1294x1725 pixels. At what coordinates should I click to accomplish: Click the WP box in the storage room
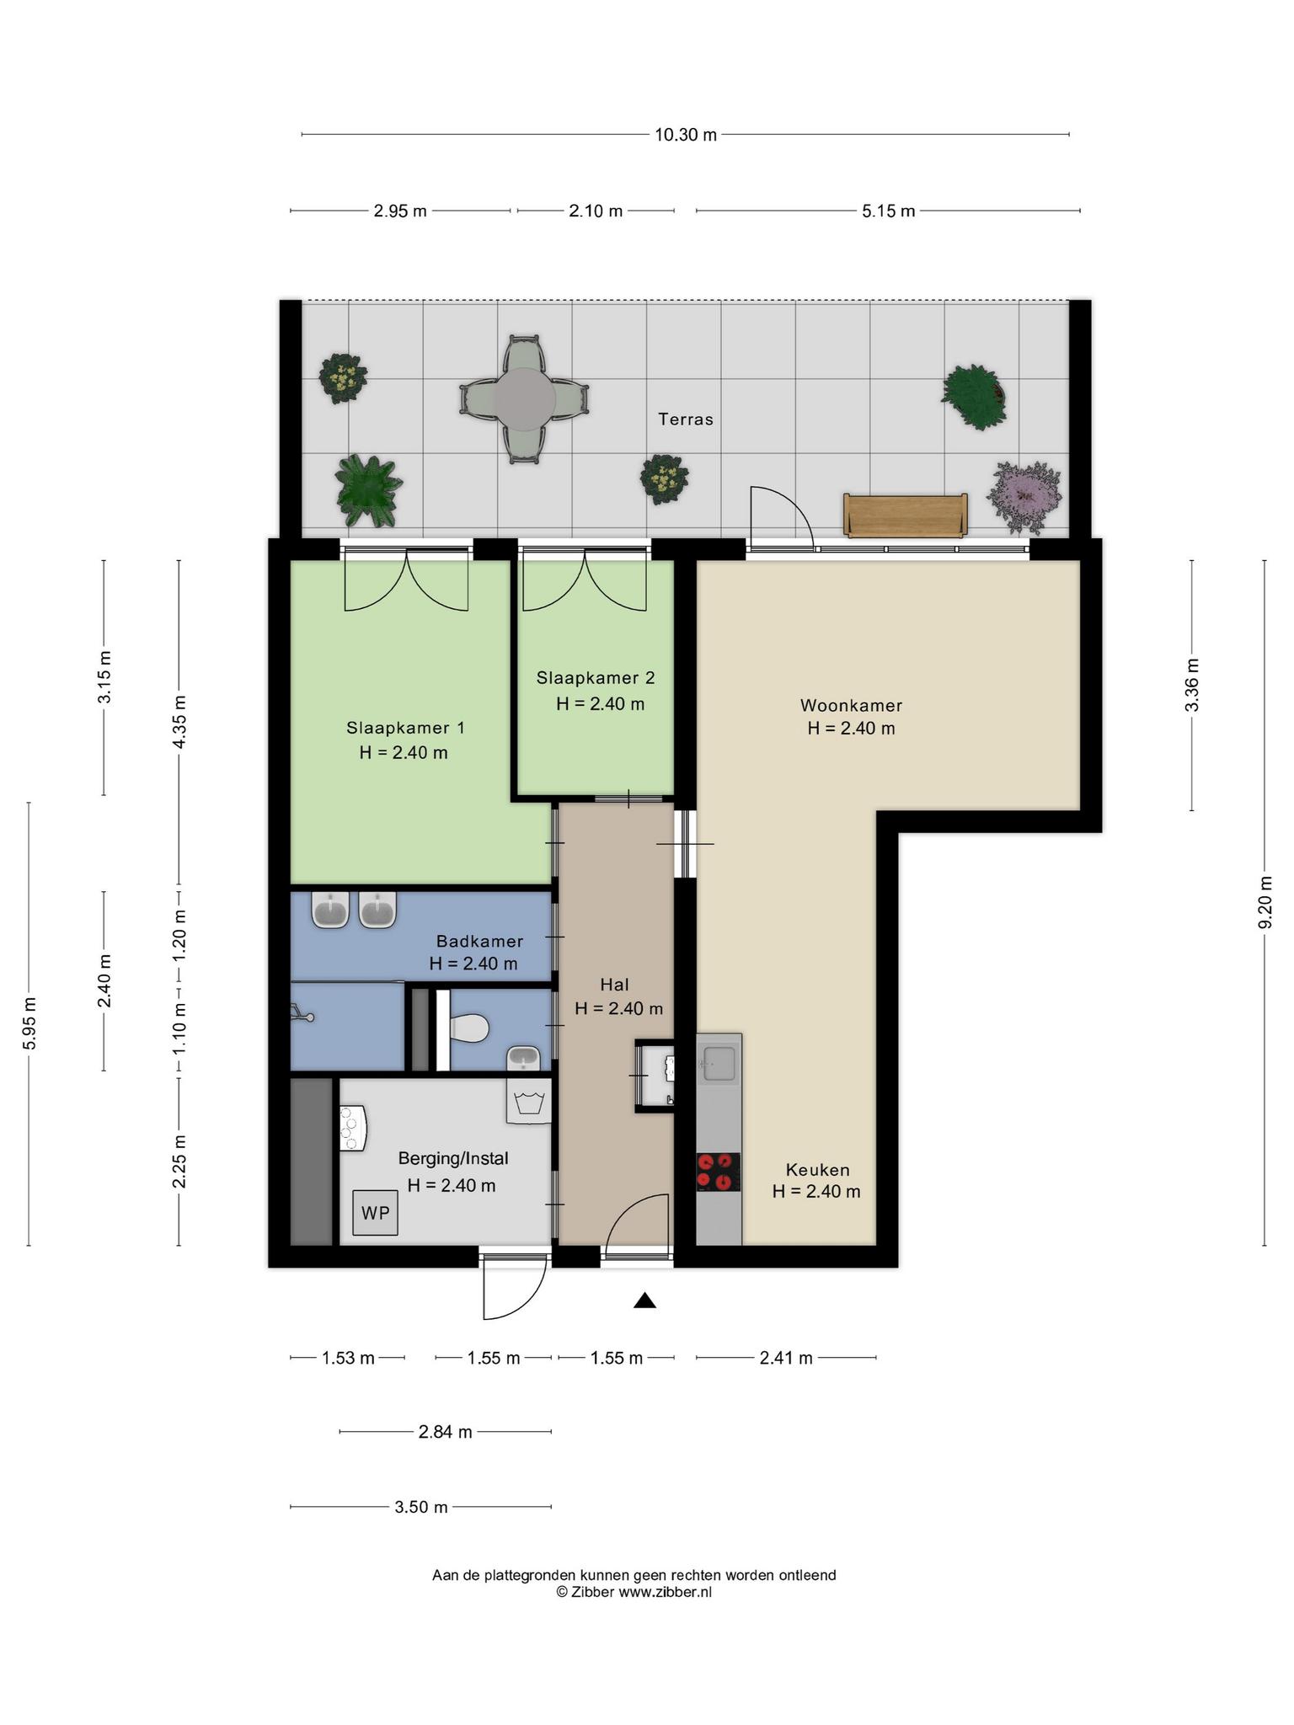tap(375, 1212)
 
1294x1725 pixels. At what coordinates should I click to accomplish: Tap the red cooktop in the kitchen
tap(718, 1172)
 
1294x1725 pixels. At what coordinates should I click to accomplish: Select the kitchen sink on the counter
tap(719, 1063)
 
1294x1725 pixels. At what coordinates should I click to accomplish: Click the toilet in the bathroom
tap(468, 1028)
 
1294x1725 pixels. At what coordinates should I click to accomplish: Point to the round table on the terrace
tap(524, 399)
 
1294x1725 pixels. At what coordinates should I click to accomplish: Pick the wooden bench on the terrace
tap(906, 515)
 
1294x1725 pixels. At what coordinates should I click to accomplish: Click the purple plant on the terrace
tap(1024, 497)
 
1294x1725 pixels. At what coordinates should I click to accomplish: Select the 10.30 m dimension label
tap(686, 135)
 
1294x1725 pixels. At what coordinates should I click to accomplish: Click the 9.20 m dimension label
tap(1265, 902)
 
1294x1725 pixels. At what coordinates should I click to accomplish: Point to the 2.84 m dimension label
tap(445, 1432)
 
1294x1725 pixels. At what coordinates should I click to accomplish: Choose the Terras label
tap(686, 419)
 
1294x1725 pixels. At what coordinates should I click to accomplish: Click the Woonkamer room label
tap(851, 705)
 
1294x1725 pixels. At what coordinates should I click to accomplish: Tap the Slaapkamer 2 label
tap(596, 677)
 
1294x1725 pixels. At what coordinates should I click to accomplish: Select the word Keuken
tap(817, 1170)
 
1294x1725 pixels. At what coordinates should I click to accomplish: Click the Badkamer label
tap(479, 941)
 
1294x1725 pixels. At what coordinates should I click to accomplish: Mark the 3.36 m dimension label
tap(1191, 684)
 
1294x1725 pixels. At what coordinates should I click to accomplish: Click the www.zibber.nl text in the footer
tap(666, 1592)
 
